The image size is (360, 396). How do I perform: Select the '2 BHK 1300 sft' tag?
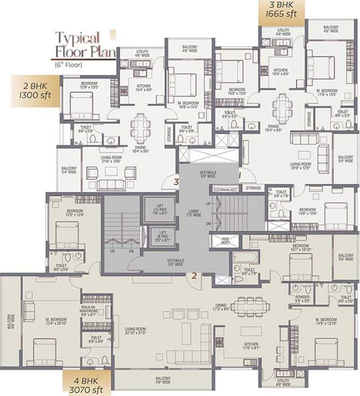click(35, 91)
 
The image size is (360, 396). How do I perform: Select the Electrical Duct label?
click(224, 190)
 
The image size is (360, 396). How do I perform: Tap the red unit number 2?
click(194, 276)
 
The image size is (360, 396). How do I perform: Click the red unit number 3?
click(176, 181)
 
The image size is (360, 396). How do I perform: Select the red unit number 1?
click(240, 175)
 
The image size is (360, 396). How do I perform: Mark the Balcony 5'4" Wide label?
click(69, 171)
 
